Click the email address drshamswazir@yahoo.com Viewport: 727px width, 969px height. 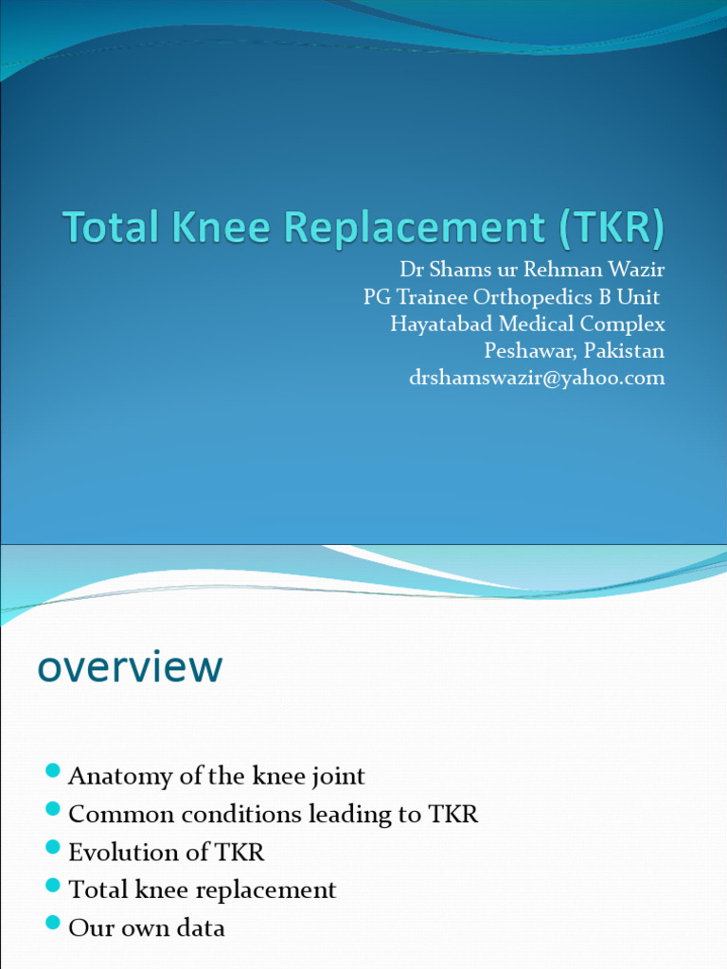537,378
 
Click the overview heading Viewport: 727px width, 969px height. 130,667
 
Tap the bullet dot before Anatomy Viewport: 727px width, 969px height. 53,771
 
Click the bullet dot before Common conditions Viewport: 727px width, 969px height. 53,809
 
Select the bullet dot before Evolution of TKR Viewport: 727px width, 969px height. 53,847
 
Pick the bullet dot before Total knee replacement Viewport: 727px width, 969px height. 53,885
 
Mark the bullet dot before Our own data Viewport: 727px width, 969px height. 53,923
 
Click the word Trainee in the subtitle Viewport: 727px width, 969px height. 433,297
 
